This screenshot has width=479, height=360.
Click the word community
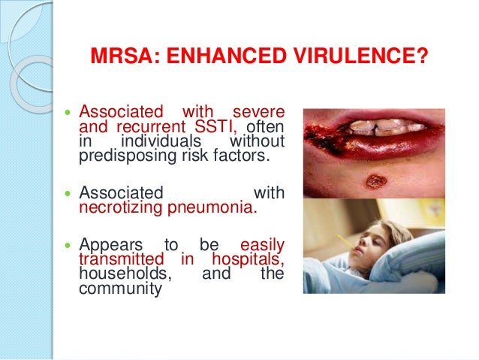(x=120, y=288)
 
